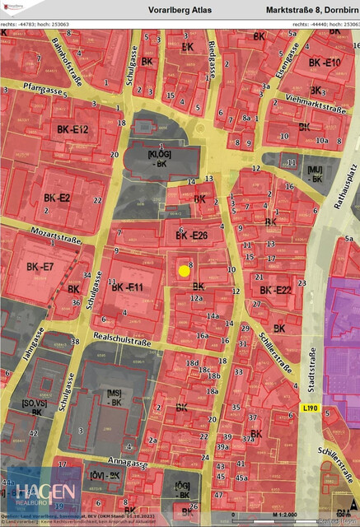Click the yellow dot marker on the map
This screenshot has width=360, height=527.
pos(184,270)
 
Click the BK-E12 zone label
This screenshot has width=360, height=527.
pos(72,130)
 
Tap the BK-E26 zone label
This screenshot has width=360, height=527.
pos(192,236)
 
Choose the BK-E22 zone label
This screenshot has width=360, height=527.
pos(276,290)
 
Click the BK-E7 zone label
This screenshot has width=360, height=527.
pos(40,268)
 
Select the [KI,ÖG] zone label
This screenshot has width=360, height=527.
pos(160,160)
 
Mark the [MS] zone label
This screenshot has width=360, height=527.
pos(115,398)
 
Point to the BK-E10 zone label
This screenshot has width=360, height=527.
pos(325,63)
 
